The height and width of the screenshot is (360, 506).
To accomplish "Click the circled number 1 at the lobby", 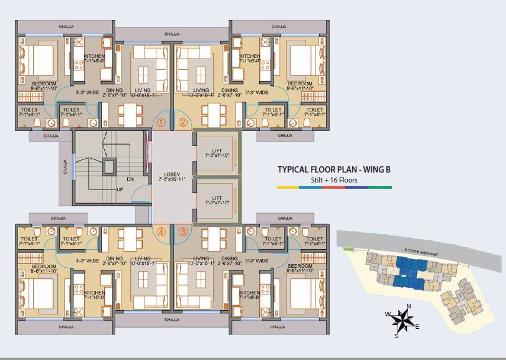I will tap(161, 123).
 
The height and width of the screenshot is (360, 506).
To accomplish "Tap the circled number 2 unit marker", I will tap(183, 123).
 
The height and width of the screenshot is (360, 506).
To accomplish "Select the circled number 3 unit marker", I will tap(183, 232).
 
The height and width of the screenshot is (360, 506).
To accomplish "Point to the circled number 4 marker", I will tap(161, 232).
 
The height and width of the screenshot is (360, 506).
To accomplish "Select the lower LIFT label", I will tap(217, 198).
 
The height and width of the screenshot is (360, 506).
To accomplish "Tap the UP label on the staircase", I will tap(120, 189).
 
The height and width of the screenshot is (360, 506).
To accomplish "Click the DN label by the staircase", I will tap(130, 179).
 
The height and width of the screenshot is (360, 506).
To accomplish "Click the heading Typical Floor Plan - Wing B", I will tap(334, 169).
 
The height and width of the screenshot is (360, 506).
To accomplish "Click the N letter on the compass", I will tap(408, 306).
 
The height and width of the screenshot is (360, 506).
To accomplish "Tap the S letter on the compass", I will tap(396, 336).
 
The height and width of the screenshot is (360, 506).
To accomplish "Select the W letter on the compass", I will tap(387, 314).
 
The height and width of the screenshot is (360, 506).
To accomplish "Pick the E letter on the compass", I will tap(417, 327).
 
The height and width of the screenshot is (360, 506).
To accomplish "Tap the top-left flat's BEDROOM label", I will tap(44, 83).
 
